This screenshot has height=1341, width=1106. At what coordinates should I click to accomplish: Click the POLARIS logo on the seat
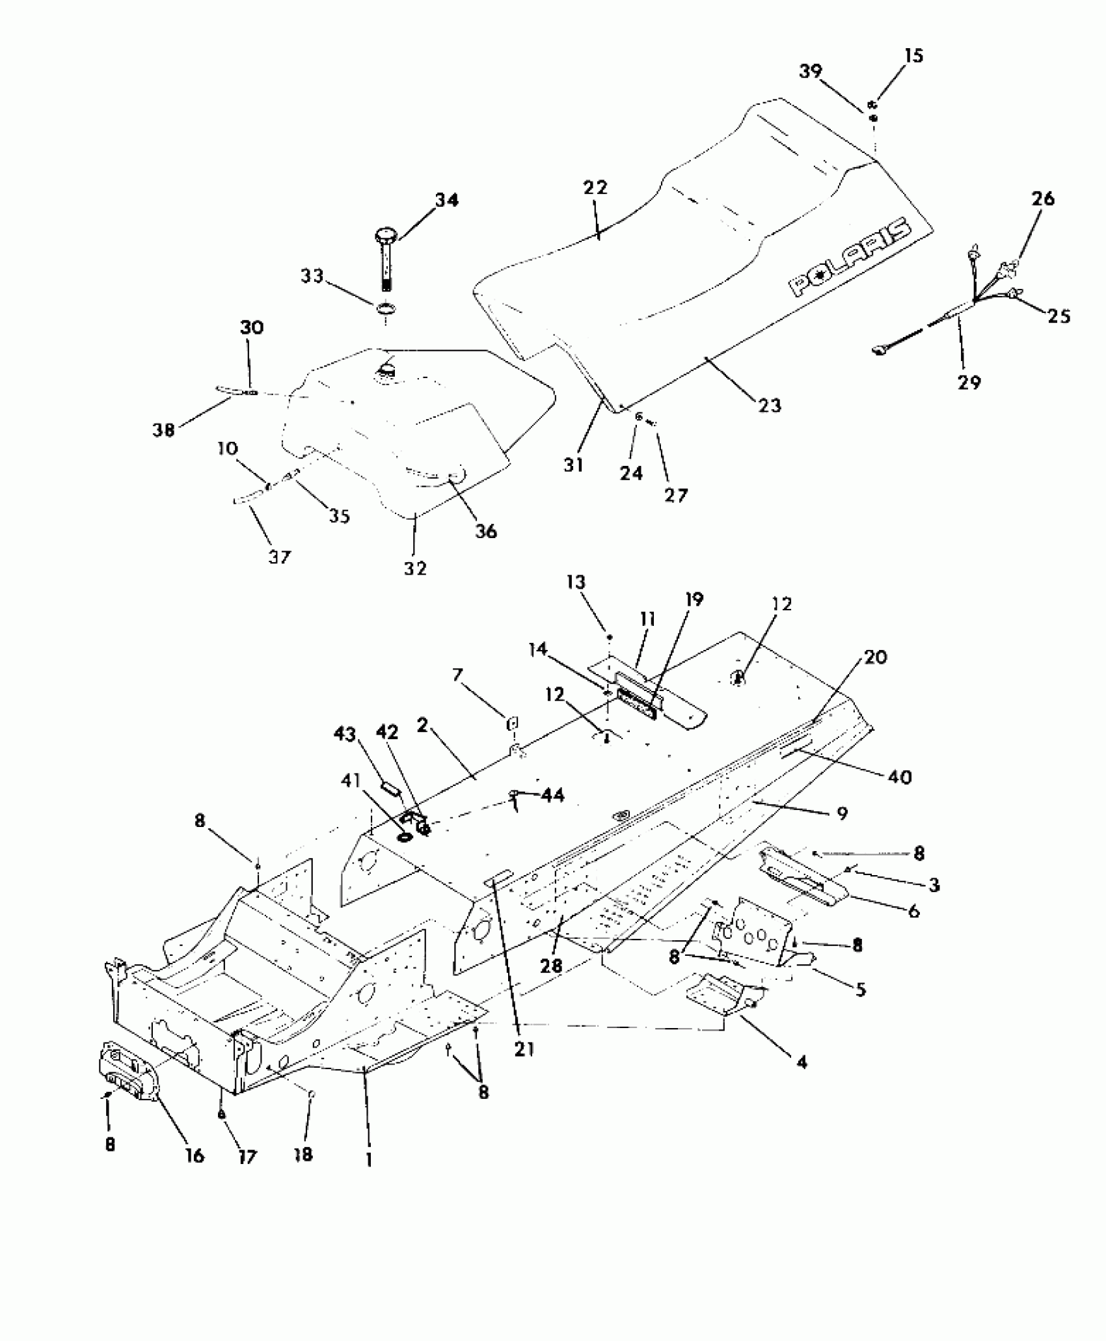pyautogui.click(x=849, y=258)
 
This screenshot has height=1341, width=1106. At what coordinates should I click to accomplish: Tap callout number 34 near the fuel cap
pyautogui.click(x=446, y=200)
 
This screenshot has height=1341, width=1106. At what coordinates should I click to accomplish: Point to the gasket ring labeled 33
pyautogui.click(x=386, y=308)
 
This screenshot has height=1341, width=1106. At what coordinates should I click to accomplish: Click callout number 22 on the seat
pyautogui.click(x=595, y=188)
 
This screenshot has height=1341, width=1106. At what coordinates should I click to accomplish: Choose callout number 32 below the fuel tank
pyautogui.click(x=415, y=568)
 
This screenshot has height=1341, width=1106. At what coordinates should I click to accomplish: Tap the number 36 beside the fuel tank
pyautogui.click(x=486, y=532)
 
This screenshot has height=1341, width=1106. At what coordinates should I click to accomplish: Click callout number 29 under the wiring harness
pyautogui.click(x=969, y=382)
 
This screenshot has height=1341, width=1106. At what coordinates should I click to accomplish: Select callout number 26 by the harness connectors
pyautogui.click(x=1043, y=198)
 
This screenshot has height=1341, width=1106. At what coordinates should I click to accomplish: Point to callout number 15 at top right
pyautogui.click(x=914, y=56)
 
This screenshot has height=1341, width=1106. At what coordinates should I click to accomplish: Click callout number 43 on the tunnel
pyautogui.click(x=344, y=735)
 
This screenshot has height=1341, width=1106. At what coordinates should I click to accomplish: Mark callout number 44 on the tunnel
pyautogui.click(x=552, y=795)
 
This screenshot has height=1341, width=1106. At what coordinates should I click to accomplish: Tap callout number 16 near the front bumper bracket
pyautogui.click(x=195, y=1156)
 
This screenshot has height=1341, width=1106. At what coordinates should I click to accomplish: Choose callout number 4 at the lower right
pyautogui.click(x=802, y=1062)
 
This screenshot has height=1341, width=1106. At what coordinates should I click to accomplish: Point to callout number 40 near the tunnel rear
pyautogui.click(x=900, y=776)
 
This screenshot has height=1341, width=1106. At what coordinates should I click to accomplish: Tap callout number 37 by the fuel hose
pyautogui.click(x=279, y=557)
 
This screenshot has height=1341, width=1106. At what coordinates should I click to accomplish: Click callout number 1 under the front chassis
pyautogui.click(x=369, y=1159)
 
